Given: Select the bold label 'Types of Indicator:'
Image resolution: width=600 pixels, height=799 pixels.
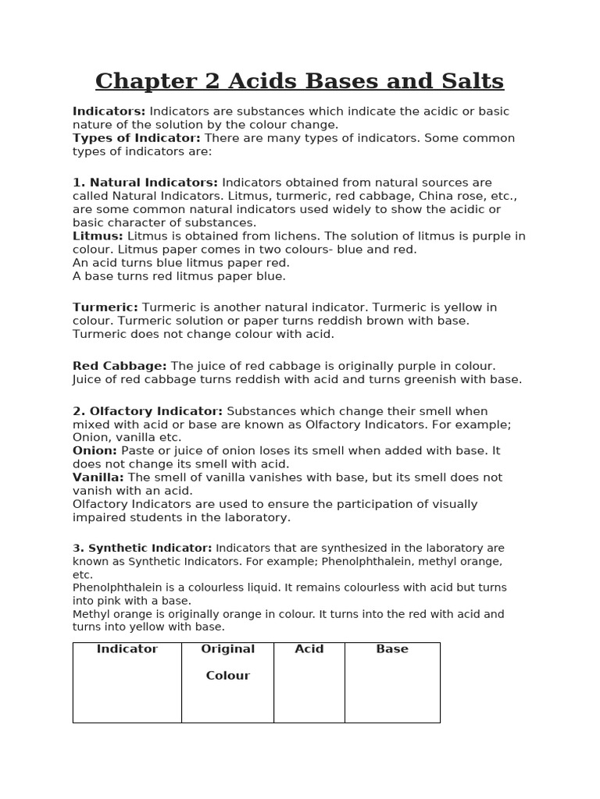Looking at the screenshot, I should coord(136,138).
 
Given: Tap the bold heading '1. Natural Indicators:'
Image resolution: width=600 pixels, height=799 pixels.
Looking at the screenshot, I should coord(145,183).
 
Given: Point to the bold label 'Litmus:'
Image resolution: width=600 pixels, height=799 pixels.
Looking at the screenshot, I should coord(98,236).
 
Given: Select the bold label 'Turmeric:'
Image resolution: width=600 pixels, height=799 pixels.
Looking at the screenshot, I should coord(105,307).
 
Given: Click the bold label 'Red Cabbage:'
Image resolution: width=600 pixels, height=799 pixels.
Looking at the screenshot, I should coord(120,366).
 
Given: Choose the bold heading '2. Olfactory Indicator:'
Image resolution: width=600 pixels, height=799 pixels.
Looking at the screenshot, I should coord(148,411).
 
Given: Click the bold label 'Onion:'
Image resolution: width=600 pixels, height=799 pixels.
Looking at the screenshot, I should coord(95,451).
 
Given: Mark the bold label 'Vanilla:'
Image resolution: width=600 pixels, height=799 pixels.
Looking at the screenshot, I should coord(98,478).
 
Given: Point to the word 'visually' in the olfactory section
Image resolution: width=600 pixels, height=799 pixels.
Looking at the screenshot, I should coord(454,504).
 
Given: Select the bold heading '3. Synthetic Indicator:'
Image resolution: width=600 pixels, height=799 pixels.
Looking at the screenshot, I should coord(142,549).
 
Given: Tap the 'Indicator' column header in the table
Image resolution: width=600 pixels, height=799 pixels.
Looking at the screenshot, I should coord(127,649).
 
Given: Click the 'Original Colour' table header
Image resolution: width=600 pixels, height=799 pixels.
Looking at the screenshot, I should coord(227,662).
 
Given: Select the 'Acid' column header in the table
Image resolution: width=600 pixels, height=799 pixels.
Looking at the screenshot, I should coord(309,649).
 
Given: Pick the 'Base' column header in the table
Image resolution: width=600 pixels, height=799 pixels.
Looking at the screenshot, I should coord(392,649).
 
